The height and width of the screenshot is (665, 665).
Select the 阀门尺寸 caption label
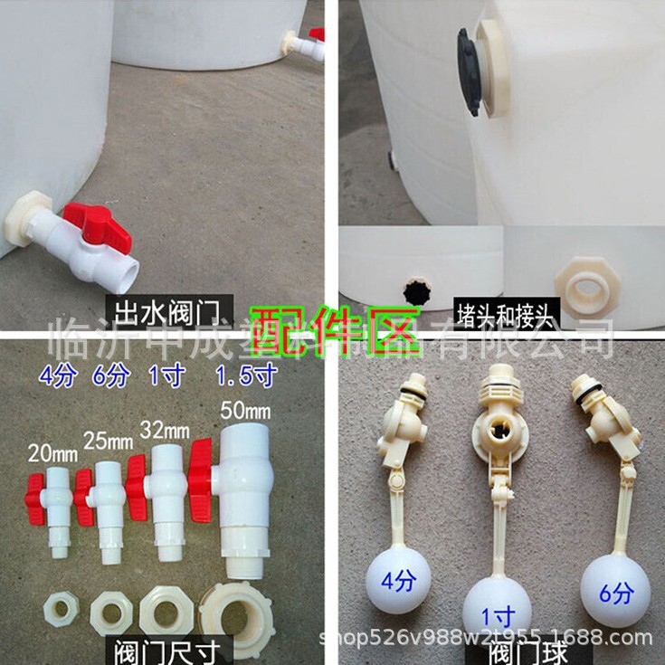pyautogui.click(x=169, y=650)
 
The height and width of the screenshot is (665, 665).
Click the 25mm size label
pyautogui.click(x=106, y=443)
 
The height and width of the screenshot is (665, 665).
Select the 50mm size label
pyautogui.click(x=245, y=411)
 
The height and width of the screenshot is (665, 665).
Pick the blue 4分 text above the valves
pyautogui.click(x=58, y=374)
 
